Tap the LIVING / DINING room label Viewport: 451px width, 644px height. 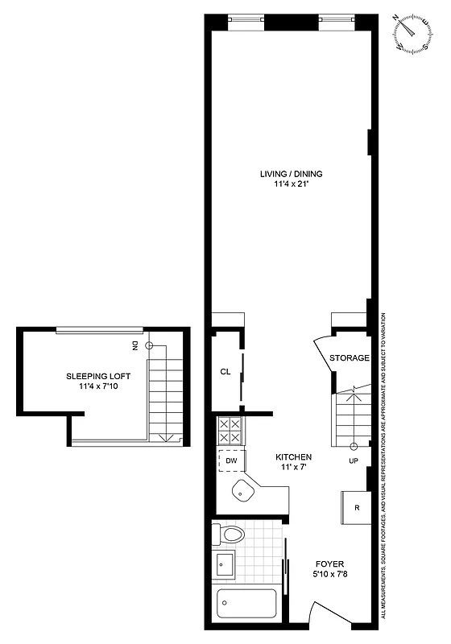click(x=291, y=173)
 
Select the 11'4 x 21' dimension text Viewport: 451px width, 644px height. click(x=291, y=184)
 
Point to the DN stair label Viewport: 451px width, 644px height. click(x=135, y=345)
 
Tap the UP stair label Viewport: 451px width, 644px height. click(x=354, y=462)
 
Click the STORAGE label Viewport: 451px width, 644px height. click(x=350, y=357)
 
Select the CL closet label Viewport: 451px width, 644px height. click(x=225, y=372)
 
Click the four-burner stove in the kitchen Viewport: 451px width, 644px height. click(x=229, y=431)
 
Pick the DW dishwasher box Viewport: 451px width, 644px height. click(x=230, y=460)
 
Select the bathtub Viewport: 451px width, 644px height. click(x=246, y=604)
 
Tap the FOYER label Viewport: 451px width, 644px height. click(x=326, y=564)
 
